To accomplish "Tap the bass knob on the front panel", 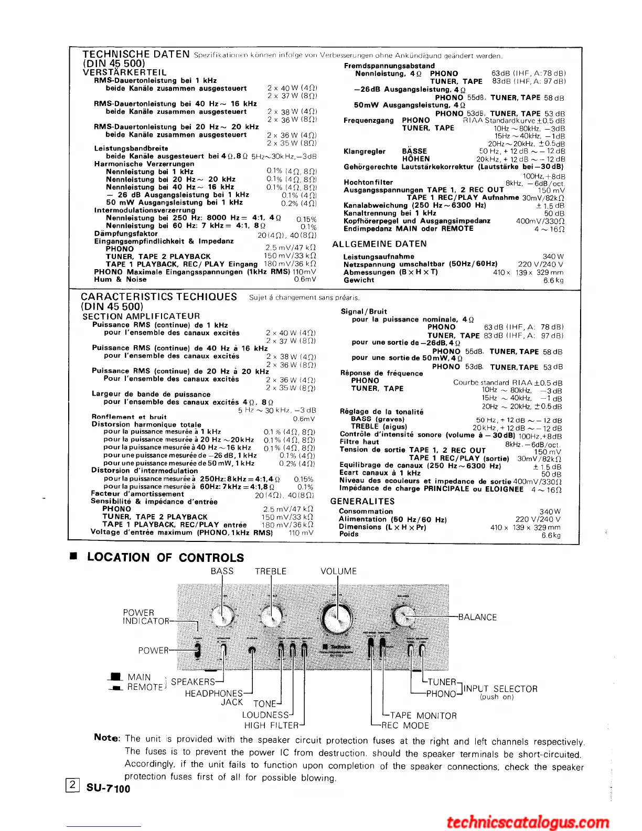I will coord(223,615).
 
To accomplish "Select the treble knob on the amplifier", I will coord(271,615).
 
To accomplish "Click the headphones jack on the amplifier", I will coord(252,651).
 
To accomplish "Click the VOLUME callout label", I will coord(338,571).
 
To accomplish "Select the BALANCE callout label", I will coord(477,617).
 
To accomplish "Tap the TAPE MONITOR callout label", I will coord(423,716).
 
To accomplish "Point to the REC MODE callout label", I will coord(405,726).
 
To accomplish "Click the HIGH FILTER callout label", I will coord(271,726).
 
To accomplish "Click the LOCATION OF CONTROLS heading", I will coord(165,558).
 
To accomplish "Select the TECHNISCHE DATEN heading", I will coord(136,54).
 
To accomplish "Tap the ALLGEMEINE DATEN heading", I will coord(380,244).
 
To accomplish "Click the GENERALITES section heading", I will coord(362,502).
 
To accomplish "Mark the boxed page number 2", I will coord(72,785).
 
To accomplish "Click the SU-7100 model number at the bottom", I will coord(108,788).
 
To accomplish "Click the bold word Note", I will coord(107,738).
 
